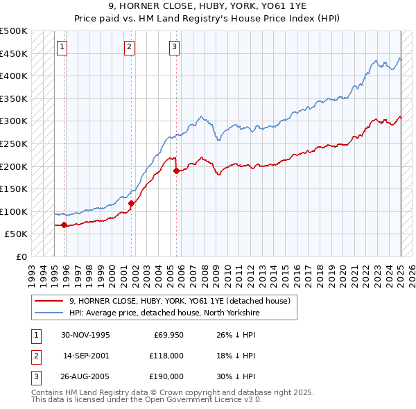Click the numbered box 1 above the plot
(x=62, y=47)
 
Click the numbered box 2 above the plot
(x=130, y=47)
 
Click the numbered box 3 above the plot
(x=174, y=47)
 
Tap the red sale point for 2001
(x=131, y=203)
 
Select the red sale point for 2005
(x=176, y=171)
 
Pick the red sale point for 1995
(x=64, y=225)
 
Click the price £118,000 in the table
(x=166, y=356)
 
